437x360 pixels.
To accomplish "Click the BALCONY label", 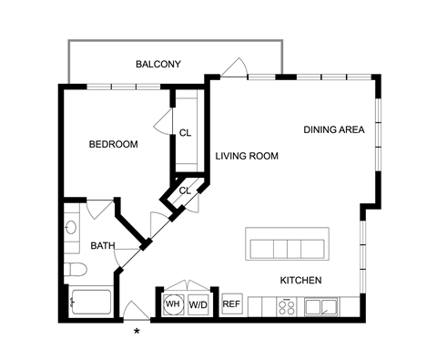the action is click(x=158, y=64).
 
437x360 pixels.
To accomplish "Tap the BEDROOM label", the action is click(x=113, y=144).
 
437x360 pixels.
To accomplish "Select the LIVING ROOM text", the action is click(x=247, y=156).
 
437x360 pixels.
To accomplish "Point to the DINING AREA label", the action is click(x=334, y=129).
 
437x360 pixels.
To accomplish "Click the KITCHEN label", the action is click(x=300, y=280).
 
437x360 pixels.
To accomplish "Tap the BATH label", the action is click(x=103, y=245).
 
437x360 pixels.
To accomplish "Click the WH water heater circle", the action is click(x=173, y=303).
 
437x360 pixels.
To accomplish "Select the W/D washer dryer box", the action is click(x=198, y=304).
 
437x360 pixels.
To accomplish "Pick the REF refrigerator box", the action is click(x=232, y=303).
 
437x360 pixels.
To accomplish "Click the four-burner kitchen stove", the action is click(x=287, y=307).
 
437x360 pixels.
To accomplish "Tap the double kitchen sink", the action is click(x=321, y=307).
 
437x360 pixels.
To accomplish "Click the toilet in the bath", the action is click(x=76, y=270).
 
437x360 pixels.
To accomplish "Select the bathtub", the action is click(x=90, y=302).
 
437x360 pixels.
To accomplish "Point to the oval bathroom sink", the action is click(x=71, y=227).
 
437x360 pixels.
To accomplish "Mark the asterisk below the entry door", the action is click(x=137, y=331).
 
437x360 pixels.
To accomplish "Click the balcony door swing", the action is click(x=234, y=67).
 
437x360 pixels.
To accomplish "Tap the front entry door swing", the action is click(x=137, y=310).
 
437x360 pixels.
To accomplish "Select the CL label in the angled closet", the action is click(x=185, y=190).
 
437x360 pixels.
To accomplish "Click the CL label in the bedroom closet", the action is click(x=185, y=133).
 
